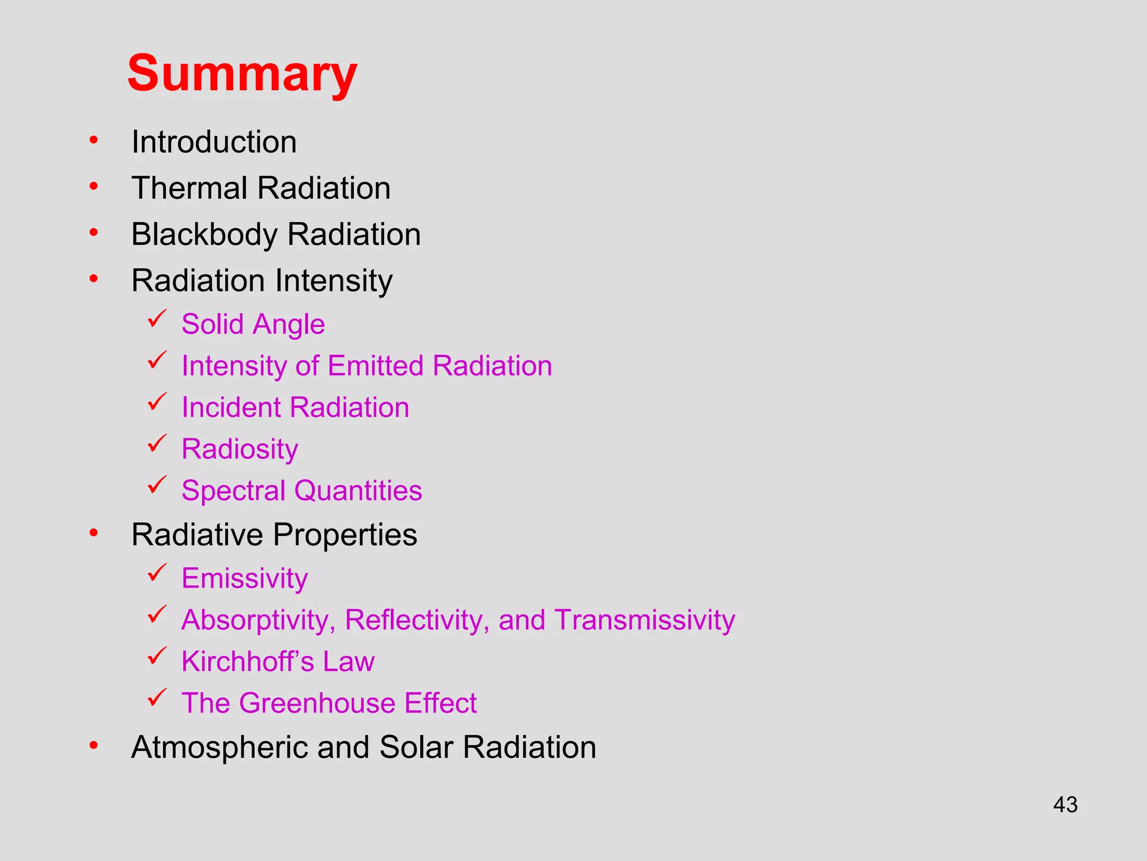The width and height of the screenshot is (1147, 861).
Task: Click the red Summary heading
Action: [x=242, y=74]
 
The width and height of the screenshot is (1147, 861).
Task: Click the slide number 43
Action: [x=1065, y=805]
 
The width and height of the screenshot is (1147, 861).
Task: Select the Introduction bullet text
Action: [x=214, y=142]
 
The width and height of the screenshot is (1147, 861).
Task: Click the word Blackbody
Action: [x=204, y=235]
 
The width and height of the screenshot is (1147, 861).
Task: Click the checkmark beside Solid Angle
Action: [x=157, y=319]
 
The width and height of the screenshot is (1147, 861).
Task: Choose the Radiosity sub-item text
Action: [x=240, y=450]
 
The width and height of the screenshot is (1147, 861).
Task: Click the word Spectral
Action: [x=234, y=491]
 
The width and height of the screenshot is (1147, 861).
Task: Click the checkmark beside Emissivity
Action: [x=157, y=573]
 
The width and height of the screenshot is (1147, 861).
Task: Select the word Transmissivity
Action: [x=645, y=620]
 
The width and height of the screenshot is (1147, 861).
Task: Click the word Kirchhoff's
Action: [x=247, y=661]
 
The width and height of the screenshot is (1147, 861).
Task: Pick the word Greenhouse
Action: [x=317, y=703]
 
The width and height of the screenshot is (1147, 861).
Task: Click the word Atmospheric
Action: [x=219, y=748]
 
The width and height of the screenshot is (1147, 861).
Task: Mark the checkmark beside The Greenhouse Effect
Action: [x=157, y=698]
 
